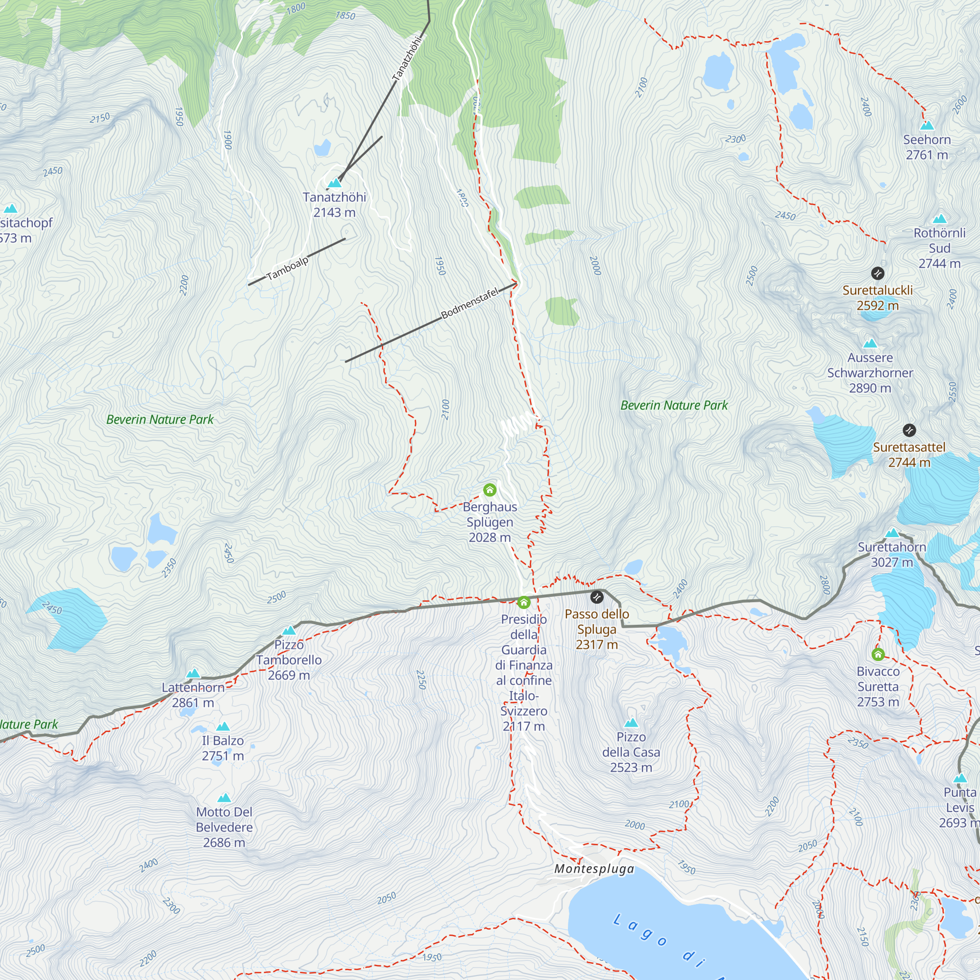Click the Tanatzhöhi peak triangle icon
[x=334, y=183]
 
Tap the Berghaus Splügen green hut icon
[x=490, y=490]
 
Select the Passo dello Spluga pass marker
[x=597, y=597]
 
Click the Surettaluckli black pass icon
[x=878, y=273]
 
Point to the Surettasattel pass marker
[x=909, y=430]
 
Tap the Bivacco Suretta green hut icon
[x=878, y=654]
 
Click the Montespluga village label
[x=594, y=869]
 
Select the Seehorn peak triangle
[x=927, y=125]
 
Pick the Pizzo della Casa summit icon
[x=631, y=722]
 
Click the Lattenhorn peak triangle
[x=193, y=674]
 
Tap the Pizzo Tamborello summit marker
[x=289, y=631]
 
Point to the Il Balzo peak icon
[x=223, y=726]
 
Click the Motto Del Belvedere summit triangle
[x=224, y=798]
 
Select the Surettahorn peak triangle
[x=892, y=533]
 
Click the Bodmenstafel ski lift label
[x=470, y=303]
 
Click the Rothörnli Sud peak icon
[x=939, y=219]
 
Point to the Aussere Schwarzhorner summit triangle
[x=870, y=343]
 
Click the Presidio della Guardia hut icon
[x=523, y=603]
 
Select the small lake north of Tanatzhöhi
[x=322, y=148]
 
